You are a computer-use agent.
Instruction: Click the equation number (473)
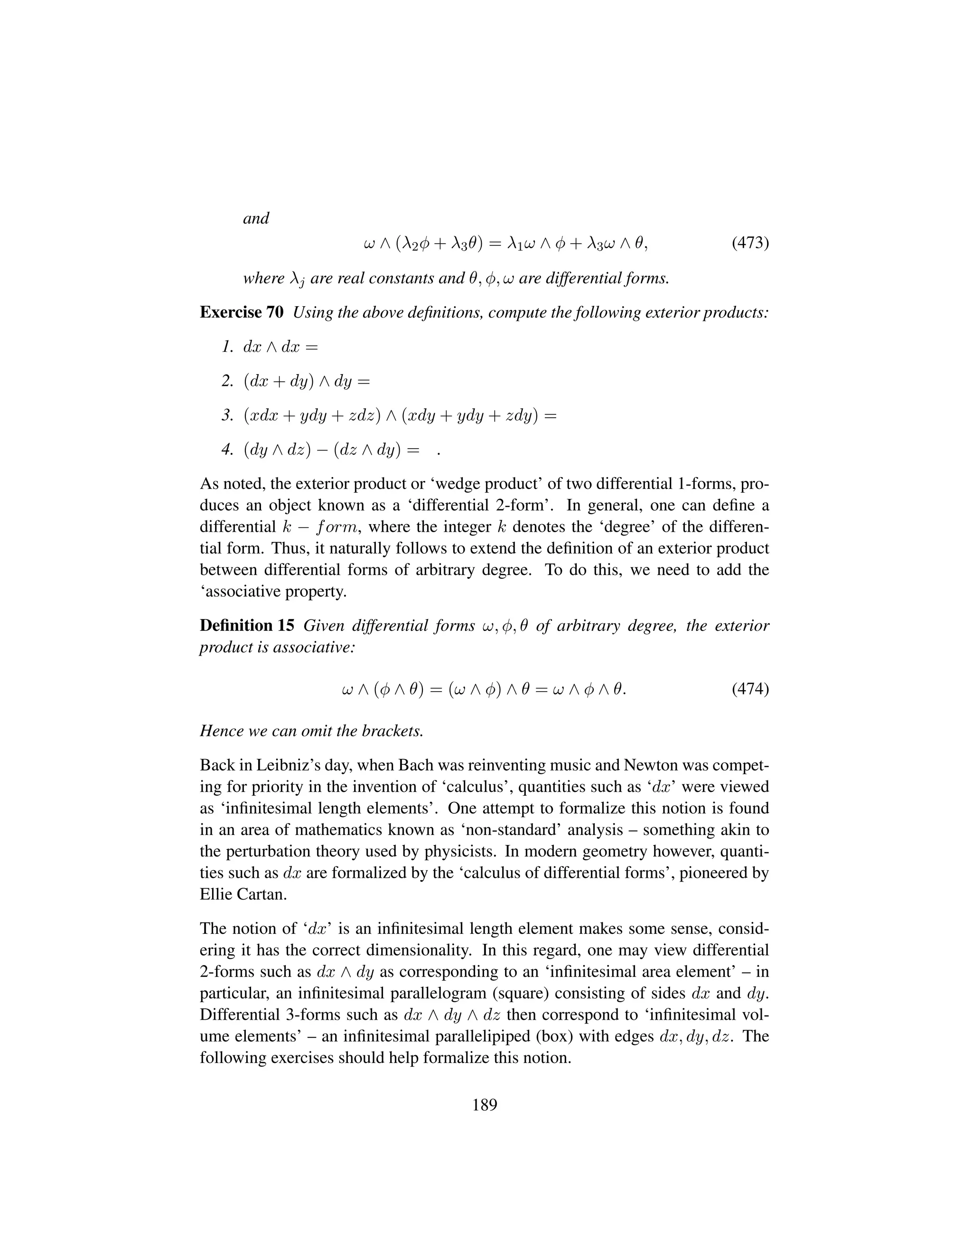tap(750, 244)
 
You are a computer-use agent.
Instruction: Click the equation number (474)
tap(750, 689)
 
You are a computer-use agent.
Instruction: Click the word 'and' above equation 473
tap(256, 219)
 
